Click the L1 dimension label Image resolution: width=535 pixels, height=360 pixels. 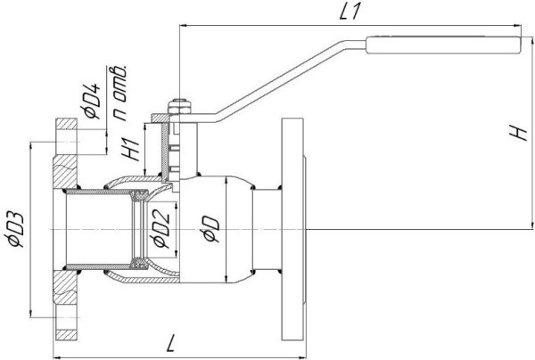click(350, 13)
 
